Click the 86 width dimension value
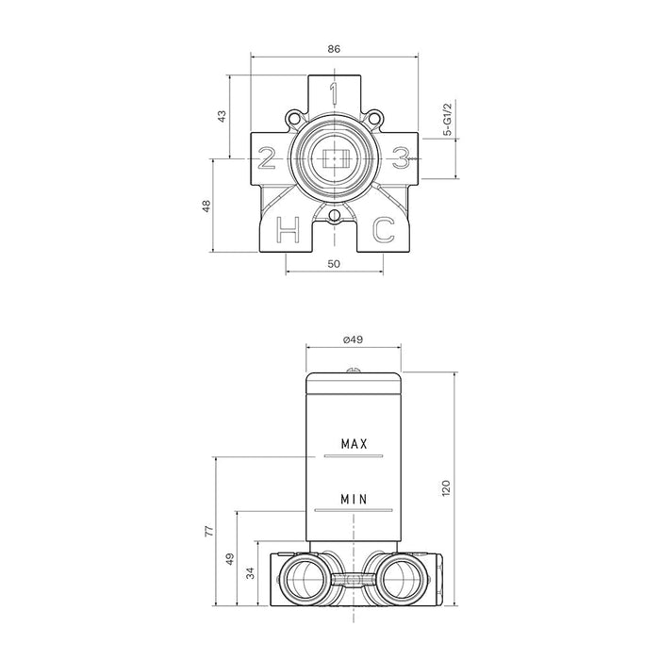click(x=334, y=49)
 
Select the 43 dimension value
click(x=222, y=116)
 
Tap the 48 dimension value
click(x=206, y=206)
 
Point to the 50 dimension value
click(x=334, y=264)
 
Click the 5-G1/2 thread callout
click(x=448, y=119)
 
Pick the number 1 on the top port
click(x=334, y=93)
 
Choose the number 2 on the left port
click(x=267, y=158)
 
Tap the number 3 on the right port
click(x=401, y=158)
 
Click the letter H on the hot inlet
click(x=288, y=230)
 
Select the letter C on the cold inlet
click(x=384, y=230)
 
